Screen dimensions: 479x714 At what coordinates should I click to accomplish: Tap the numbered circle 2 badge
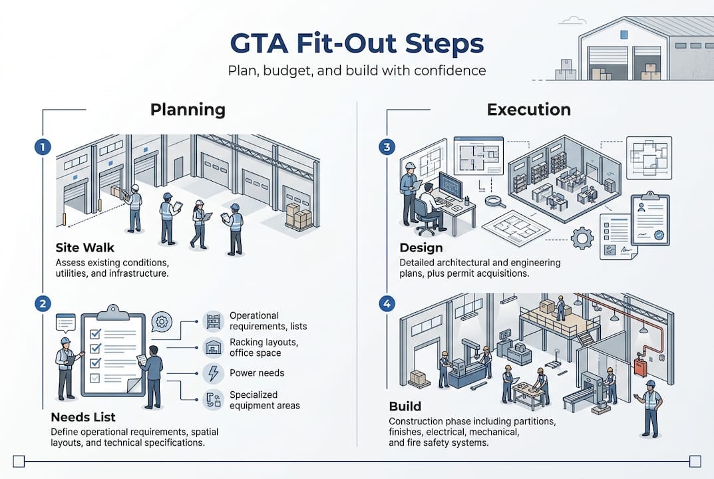point(42,304)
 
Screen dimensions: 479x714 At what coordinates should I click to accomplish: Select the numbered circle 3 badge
point(386,148)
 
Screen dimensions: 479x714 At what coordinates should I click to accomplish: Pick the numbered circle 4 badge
point(386,304)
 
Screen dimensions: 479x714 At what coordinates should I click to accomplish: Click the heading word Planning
point(188,110)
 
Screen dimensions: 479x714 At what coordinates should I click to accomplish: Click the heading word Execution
point(528,110)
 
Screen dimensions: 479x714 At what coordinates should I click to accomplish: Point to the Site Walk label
point(85,248)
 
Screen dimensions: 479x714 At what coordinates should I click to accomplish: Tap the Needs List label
point(83,417)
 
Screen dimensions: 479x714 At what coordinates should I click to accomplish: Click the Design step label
point(421,248)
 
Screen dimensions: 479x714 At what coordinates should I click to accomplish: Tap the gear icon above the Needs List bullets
point(161,323)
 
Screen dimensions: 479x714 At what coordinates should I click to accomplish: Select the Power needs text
point(257,373)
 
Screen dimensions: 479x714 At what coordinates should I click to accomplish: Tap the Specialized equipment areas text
point(264,400)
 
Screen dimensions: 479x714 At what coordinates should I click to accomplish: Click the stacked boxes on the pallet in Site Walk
point(298,216)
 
